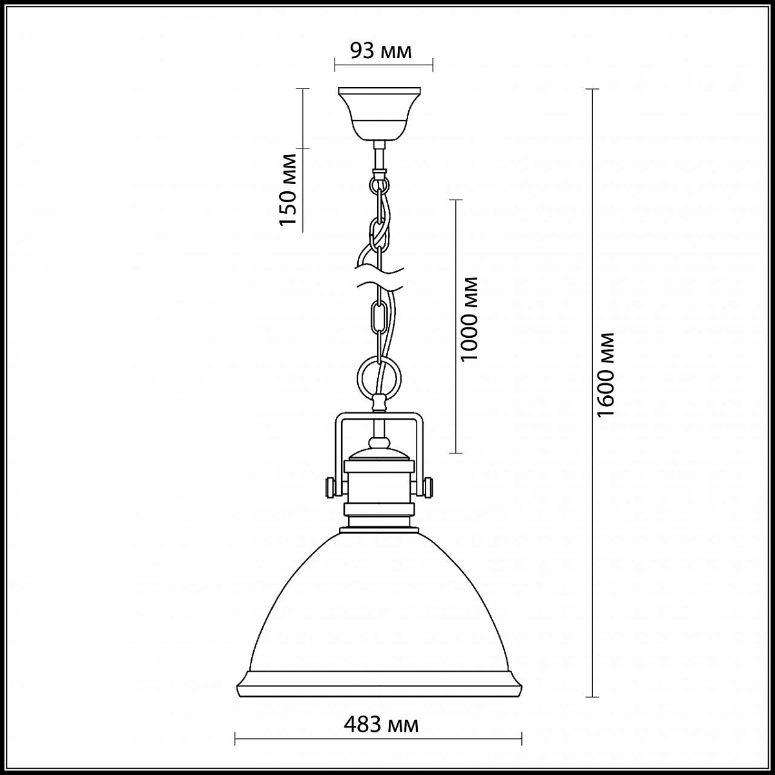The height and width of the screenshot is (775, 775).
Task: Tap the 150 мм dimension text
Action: pyautogui.click(x=288, y=189)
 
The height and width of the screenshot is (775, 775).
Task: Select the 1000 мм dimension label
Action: pyautogui.click(x=469, y=319)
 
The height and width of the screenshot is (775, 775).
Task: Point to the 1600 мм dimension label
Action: pyautogui.click(x=606, y=375)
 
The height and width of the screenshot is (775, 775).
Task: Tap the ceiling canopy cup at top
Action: pyautogui.click(x=379, y=114)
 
